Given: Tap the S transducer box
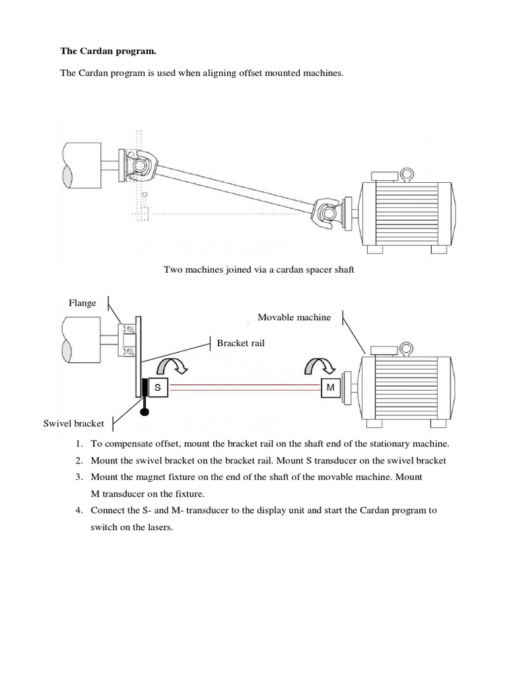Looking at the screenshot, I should tap(158, 388).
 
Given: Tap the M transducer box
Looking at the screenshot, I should tap(331, 388).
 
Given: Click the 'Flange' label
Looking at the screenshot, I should tap(83, 303).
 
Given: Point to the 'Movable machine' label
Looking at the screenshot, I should tap(294, 318).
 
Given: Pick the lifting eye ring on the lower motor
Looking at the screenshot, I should tap(407, 347).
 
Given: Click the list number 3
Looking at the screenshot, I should tap(79, 477).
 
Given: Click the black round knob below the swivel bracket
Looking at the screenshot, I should tap(143, 413).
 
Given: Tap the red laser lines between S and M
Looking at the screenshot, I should tap(244, 388).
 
